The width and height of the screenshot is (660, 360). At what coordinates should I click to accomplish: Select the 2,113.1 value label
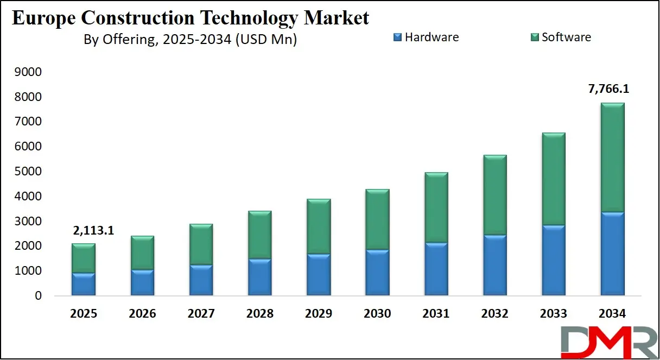pyautogui.click(x=93, y=231)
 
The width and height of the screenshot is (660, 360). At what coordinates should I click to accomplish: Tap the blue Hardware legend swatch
pyautogui.click(x=397, y=37)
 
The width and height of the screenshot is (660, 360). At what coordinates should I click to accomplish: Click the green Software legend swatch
pyautogui.click(x=535, y=37)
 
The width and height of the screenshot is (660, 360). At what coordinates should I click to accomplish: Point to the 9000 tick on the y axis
pyautogui.click(x=30, y=72)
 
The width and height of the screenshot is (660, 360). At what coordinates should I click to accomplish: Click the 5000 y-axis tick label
pyautogui.click(x=30, y=172)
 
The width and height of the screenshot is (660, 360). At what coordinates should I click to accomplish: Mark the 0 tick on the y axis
pyautogui.click(x=38, y=296)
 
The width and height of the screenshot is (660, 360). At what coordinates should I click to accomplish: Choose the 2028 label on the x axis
pyautogui.click(x=259, y=314)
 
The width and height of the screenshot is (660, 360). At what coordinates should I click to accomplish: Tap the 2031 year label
pyautogui.click(x=435, y=314)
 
